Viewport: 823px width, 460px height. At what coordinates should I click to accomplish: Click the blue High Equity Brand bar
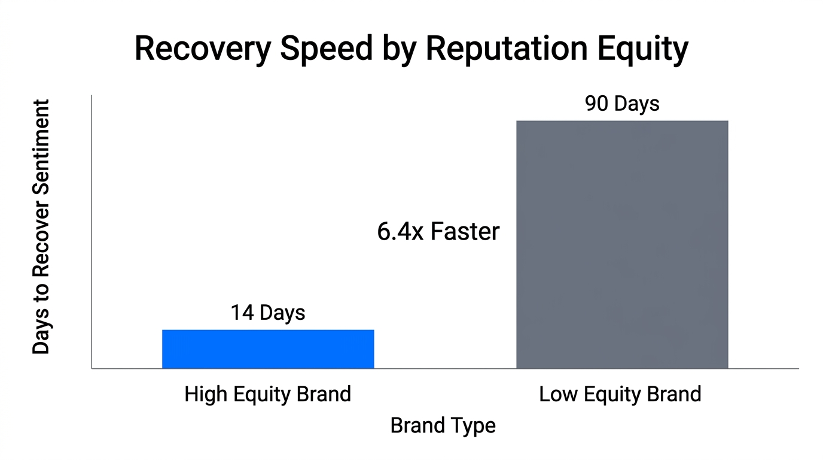[x=268, y=349]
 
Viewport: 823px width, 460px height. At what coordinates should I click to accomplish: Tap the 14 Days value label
[x=268, y=313]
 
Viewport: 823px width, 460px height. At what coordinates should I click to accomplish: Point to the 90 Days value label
[x=622, y=104]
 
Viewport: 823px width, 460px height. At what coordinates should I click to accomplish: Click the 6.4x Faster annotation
[x=438, y=231]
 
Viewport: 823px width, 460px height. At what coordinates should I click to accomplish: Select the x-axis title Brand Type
[x=443, y=425]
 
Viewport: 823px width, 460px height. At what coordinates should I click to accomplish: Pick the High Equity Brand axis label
[x=267, y=395]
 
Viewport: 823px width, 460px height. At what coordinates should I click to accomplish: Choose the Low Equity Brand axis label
[x=620, y=395]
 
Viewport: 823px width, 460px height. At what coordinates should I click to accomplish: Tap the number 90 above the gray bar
[x=596, y=104]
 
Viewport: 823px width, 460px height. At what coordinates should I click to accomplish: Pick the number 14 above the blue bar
[x=241, y=313]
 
